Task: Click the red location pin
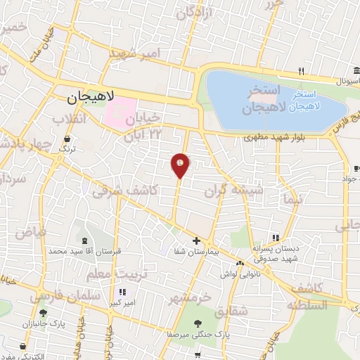(x=180, y=165)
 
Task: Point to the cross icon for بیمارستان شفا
(x=196, y=240)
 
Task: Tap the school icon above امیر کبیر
(x=122, y=292)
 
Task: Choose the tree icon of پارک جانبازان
(x=44, y=313)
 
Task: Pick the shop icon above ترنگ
(x=67, y=138)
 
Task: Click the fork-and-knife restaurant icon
(x=301, y=71)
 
